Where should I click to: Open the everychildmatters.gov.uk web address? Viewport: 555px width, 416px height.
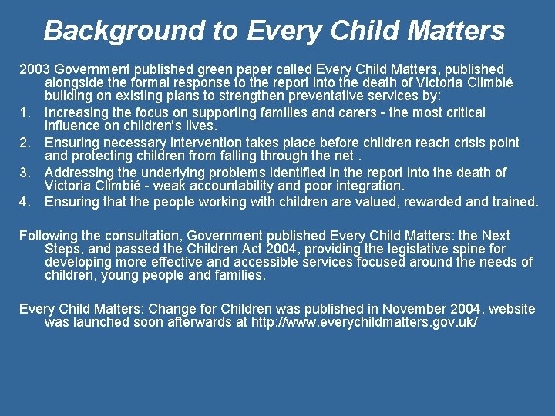coord(365,322)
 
